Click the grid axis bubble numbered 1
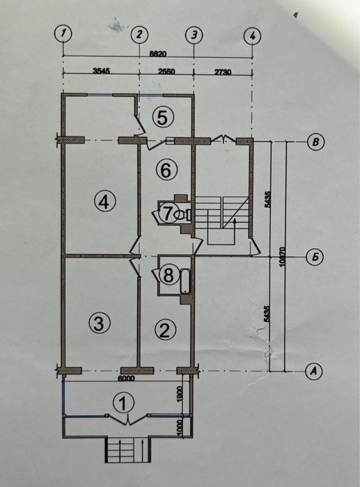click(63, 33)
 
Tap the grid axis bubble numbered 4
click(252, 36)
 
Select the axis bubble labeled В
click(315, 142)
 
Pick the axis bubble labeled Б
click(315, 258)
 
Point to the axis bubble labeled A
click(314, 371)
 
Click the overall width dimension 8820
click(157, 54)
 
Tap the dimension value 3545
click(102, 70)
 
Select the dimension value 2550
click(166, 72)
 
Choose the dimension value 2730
click(223, 72)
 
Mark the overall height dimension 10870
click(282, 256)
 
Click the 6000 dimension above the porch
click(126, 378)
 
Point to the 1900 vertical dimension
click(181, 394)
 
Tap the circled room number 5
click(163, 118)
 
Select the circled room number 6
click(166, 170)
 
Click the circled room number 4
click(104, 202)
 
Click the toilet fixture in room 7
click(182, 215)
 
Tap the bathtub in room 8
click(185, 281)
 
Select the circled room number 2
click(165, 330)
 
